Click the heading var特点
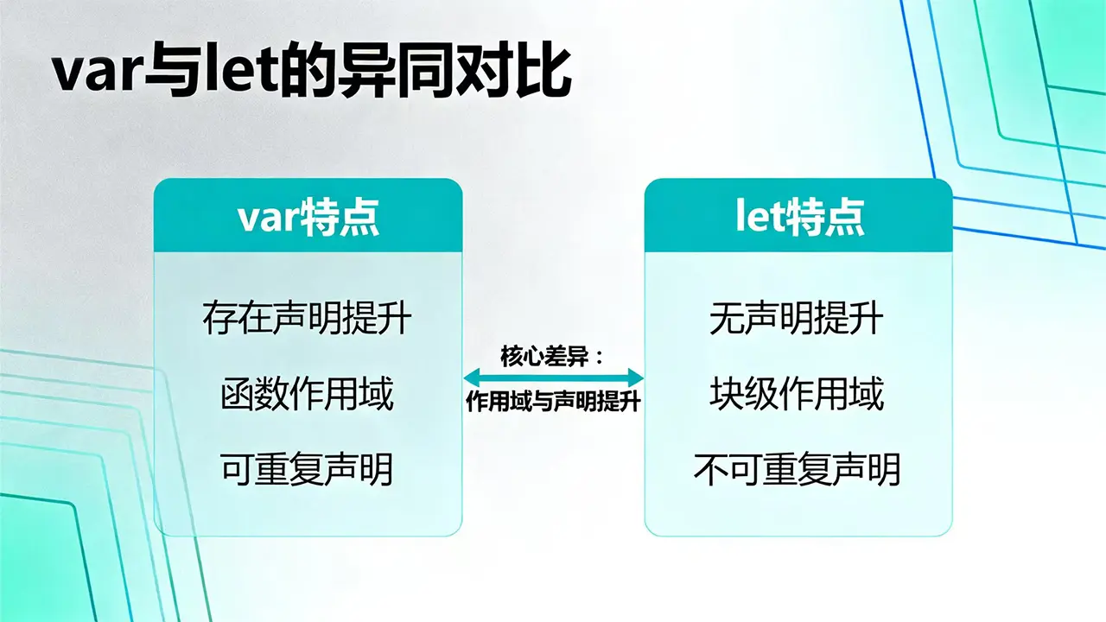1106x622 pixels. pyautogui.click(x=308, y=217)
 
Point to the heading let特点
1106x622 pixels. pyautogui.click(x=800, y=216)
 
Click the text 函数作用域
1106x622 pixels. pyautogui.click(x=307, y=393)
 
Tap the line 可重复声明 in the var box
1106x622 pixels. pyautogui.click(x=307, y=469)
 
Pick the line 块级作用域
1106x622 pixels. pyautogui.click(x=797, y=393)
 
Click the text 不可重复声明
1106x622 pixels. pyautogui.click(x=797, y=469)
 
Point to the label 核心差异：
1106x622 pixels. pyautogui.click(x=552, y=357)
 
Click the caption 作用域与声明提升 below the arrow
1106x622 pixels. pyautogui.click(x=553, y=402)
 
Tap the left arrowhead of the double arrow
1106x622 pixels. pyautogui.click(x=472, y=378)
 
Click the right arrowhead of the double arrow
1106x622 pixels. pyautogui.click(x=635, y=378)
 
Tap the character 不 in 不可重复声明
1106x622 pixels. pyautogui.click(x=710, y=469)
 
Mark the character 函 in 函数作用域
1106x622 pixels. pyautogui.click(x=238, y=393)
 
